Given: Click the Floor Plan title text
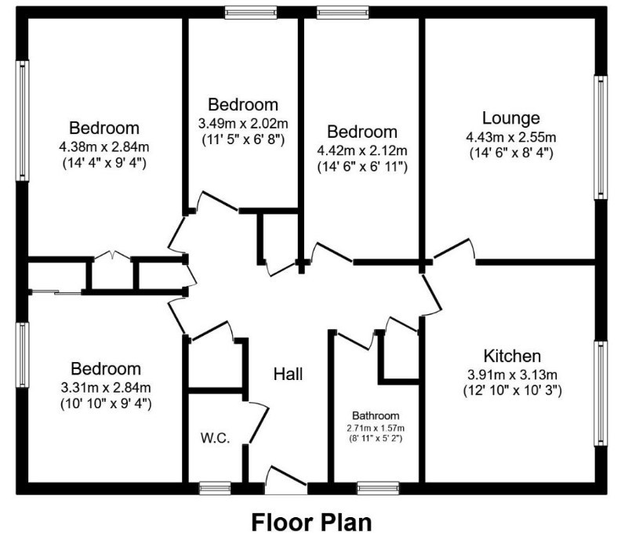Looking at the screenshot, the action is (x=312, y=523).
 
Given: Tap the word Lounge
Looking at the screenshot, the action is (x=511, y=118).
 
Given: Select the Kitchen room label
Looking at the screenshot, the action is (x=512, y=357).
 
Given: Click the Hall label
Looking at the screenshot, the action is (x=289, y=374).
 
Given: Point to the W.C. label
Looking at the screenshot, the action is (x=215, y=438).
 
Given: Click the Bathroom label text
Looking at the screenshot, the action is (x=376, y=415).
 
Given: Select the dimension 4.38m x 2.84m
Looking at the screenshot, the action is (x=104, y=147).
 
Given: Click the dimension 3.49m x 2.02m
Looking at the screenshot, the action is (x=243, y=124).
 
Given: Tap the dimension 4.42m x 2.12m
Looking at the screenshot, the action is (x=362, y=150).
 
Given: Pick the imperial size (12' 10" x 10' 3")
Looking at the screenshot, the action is (x=513, y=391).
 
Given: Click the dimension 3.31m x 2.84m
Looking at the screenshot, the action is (x=106, y=387).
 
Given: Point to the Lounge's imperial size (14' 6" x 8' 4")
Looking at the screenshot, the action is (x=511, y=153).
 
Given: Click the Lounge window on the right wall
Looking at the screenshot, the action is (x=601, y=138).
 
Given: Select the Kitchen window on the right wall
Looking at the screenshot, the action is (x=601, y=393).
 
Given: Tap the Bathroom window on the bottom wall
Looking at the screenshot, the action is (x=378, y=488).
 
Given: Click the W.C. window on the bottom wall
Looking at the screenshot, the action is (x=215, y=488).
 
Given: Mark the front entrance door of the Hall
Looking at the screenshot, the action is (x=285, y=480).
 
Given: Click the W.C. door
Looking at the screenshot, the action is (x=257, y=422).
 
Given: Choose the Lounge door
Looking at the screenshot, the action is (x=454, y=250).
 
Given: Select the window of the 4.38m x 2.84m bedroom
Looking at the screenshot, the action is (x=22, y=121).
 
